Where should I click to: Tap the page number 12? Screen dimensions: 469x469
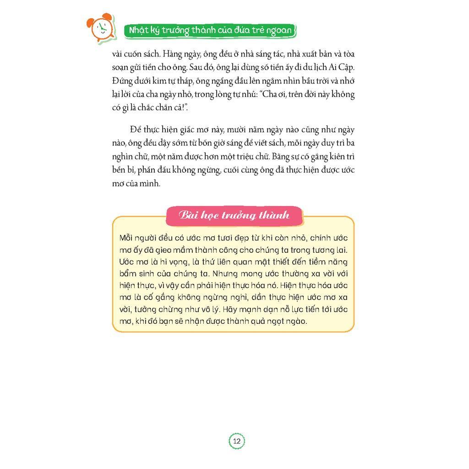click(x=237, y=442)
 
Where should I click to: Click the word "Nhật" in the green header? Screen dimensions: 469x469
click(x=137, y=30)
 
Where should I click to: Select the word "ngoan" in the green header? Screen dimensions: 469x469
click(x=278, y=30)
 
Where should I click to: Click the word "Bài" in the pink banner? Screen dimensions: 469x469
click(x=188, y=215)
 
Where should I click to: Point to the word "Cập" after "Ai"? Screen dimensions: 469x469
click(x=347, y=67)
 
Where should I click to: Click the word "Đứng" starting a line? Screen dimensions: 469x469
click(x=122, y=81)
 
